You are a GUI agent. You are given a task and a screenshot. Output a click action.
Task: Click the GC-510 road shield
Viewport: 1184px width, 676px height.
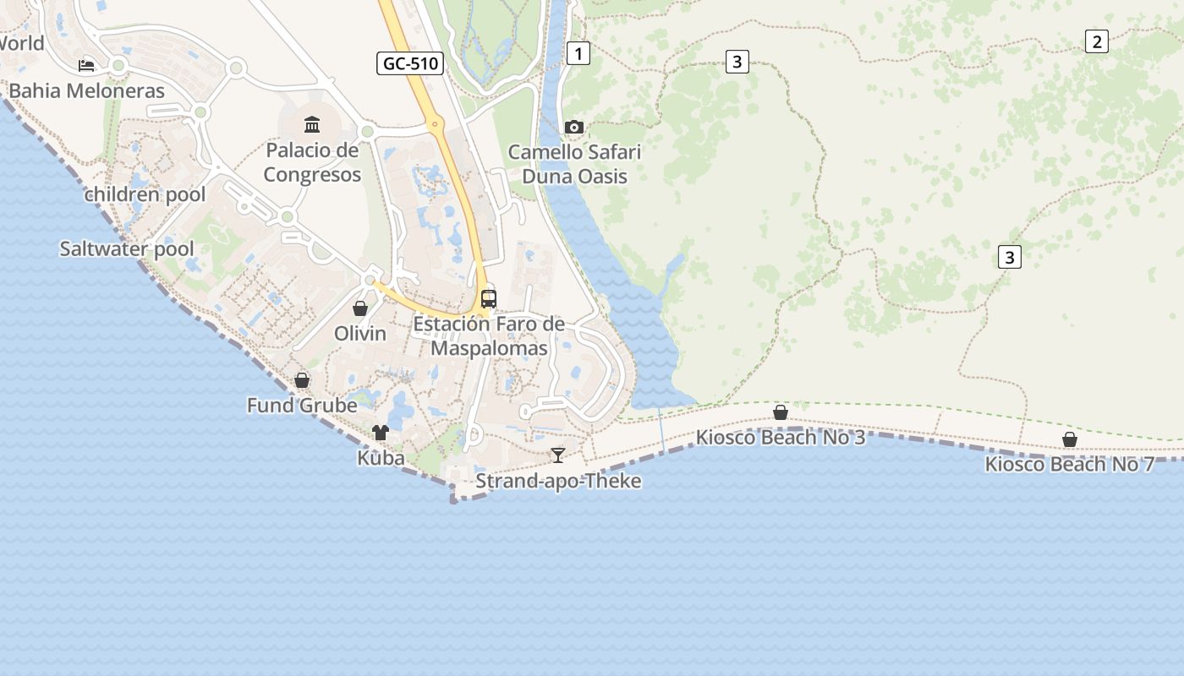click(410, 63)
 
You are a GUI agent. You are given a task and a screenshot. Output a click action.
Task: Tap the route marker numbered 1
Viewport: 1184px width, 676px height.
click(578, 54)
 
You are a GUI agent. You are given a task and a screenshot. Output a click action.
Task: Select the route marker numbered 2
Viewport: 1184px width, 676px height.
click(1096, 41)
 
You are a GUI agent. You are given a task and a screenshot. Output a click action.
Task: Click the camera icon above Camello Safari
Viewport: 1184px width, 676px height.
click(574, 127)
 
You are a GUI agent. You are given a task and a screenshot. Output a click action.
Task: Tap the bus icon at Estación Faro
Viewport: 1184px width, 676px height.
click(489, 298)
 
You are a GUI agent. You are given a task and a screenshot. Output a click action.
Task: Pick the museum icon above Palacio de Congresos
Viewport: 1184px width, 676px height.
click(312, 125)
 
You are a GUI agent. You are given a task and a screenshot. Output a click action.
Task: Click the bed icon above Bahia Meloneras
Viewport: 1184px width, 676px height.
click(86, 65)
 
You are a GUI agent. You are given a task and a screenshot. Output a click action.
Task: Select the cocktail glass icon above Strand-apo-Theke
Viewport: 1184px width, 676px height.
click(557, 455)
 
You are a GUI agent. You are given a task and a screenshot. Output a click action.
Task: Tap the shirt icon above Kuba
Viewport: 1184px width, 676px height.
click(381, 433)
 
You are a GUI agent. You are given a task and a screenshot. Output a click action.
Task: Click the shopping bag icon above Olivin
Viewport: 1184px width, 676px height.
click(360, 308)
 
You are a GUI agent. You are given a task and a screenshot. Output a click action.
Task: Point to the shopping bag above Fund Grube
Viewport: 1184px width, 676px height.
click(302, 380)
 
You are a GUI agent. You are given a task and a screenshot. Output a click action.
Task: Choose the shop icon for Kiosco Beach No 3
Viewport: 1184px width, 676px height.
click(781, 412)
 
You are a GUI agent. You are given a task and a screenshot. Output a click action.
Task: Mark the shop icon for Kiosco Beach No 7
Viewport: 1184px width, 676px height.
click(1070, 439)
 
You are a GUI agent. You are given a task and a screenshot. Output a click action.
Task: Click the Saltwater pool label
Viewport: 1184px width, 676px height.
click(127, 248)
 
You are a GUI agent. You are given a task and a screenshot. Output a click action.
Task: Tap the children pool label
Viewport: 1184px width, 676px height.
click(145, 194)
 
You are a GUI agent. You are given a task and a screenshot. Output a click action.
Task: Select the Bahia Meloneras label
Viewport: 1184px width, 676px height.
click(87, 90)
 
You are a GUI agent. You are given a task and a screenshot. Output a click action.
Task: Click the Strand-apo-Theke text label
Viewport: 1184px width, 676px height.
click(558, 481)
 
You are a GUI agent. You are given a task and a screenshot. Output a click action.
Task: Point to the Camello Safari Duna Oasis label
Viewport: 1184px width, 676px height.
click(574, 164)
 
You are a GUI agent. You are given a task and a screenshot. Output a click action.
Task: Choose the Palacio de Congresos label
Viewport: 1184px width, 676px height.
click(312, 162)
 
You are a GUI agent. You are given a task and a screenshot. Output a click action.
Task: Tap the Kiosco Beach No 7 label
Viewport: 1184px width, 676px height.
click(1070, 464)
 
